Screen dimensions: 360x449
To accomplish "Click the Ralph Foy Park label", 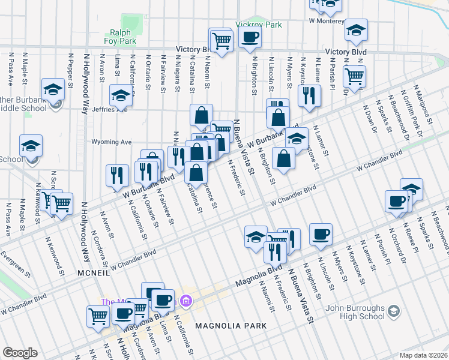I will pos(123,37).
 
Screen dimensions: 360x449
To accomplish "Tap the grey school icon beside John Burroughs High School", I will pos(394,311).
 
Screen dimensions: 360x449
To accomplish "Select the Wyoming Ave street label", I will pos(111,142).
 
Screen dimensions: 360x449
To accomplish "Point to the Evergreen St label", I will pos(16,264).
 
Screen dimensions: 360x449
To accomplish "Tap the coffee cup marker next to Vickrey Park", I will pos(250,37).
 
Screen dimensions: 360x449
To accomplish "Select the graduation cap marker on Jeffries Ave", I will pos(121,96).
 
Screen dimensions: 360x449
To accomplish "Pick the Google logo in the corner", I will pos(20,353).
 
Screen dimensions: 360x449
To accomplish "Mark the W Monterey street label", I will pos(327,20).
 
